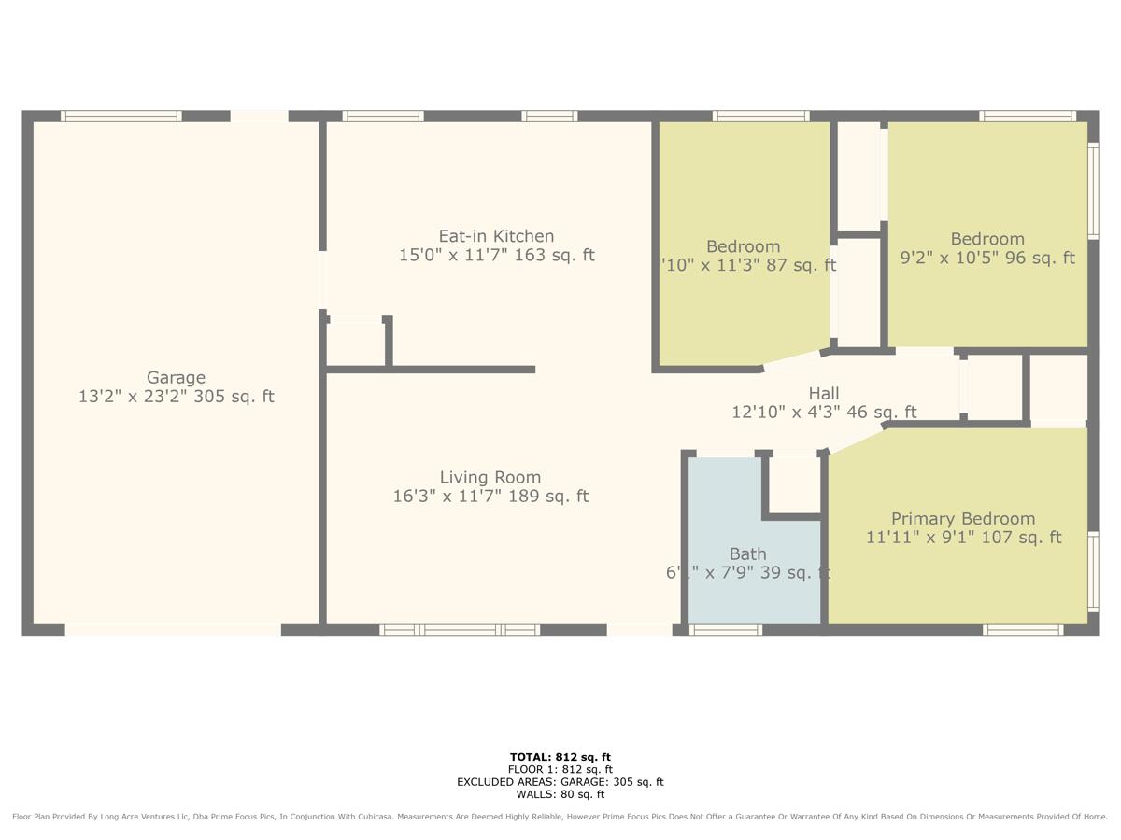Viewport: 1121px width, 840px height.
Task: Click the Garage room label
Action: (x=176, y=378)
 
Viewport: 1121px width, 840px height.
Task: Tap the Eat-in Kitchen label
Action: (x=496, y=236)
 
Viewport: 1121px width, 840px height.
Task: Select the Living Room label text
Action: (x=490, y=477)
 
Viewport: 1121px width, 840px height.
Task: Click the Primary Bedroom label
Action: (x=962, y=519)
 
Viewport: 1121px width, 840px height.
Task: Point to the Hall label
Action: (x=823, y=394)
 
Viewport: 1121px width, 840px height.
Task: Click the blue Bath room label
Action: (x=747, y=554)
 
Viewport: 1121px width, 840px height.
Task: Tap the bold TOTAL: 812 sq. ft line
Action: (x=560, y=757)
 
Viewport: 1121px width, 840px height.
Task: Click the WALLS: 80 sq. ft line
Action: (x=560, y=794)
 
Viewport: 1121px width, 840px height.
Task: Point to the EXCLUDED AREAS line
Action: (x=560, y=782)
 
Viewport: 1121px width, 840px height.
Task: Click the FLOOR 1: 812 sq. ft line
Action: (x=560, y=769)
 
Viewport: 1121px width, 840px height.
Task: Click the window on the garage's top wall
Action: (x=121, y=117)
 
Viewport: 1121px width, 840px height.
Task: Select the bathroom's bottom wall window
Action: (x=726, y=630)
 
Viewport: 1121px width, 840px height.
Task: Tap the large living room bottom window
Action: (x=460, y=630)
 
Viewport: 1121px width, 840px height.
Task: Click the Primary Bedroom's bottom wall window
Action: (x=1023, y=630)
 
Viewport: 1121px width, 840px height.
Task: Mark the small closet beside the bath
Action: (x=793, y=483)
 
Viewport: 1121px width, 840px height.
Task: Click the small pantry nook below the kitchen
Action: (x=355, y=344)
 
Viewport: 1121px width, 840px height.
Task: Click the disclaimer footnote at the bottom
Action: (x=560, y=817)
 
